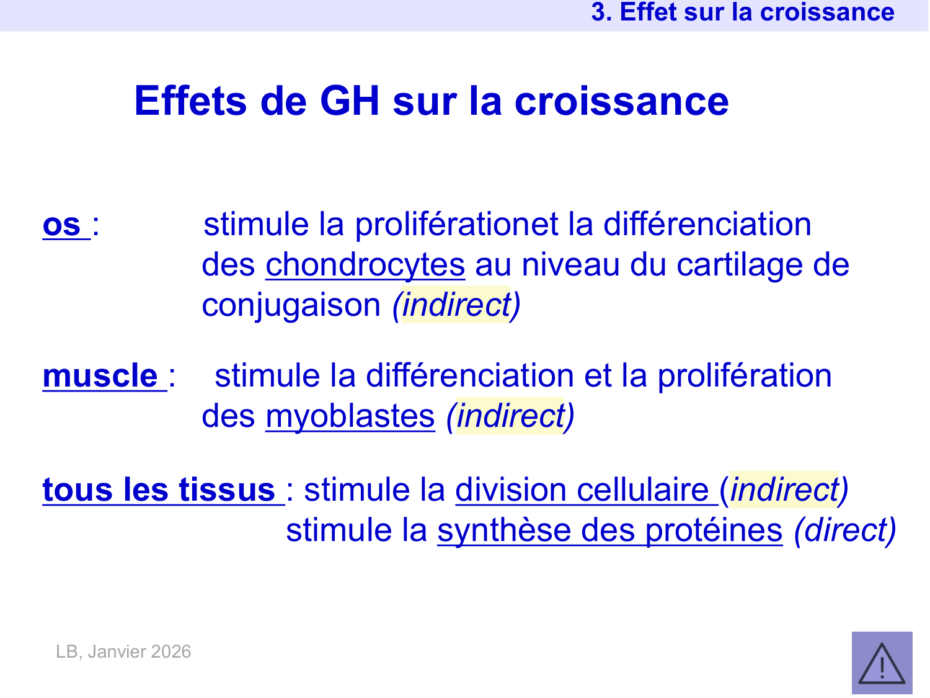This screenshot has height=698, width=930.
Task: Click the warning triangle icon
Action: point(882,663)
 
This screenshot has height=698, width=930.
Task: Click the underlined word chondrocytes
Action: point(365,265)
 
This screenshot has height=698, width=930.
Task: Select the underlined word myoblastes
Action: point(350,416)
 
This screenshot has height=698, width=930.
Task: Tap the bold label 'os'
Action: point(62,225)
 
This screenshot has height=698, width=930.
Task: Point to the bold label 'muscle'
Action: point(100,376)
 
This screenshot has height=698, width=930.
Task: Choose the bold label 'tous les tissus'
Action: point(159,490)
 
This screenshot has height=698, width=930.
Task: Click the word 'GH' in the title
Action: point(349,101)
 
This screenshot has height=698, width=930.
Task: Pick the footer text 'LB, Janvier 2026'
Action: point(123,651)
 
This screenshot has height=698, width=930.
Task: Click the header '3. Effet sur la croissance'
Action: point(742,12)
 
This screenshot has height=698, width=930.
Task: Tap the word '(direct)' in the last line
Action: point(845,530)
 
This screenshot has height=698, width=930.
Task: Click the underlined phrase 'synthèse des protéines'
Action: point(610,530)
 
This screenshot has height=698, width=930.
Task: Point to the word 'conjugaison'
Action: point(291,305)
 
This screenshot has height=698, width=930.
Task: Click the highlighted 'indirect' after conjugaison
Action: point(456,305)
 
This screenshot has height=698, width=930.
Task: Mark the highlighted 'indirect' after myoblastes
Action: point(510,416)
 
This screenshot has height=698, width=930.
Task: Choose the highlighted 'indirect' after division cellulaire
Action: point(784,490)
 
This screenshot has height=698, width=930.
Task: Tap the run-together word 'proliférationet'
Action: point(457,225)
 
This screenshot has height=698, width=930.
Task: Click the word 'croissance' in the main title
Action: point(621,101)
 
